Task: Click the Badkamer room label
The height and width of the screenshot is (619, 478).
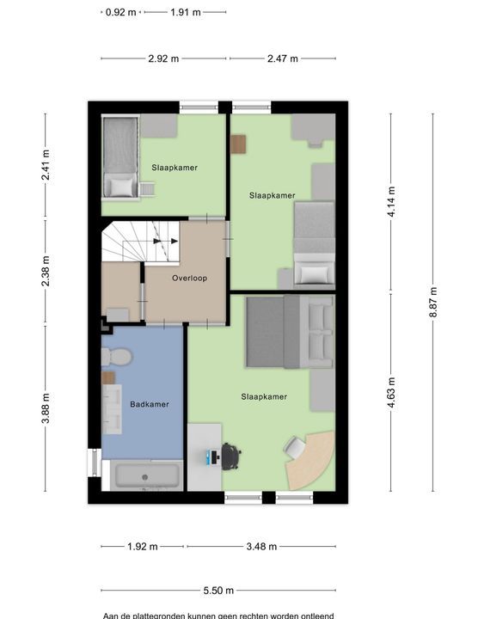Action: point(150,404)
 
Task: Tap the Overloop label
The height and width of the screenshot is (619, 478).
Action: point(189,278)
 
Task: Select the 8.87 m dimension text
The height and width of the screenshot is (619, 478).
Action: point(433,303)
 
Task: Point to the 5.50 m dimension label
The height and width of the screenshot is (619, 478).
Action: point(218,591)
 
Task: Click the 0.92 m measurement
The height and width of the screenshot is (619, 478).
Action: point(120,12)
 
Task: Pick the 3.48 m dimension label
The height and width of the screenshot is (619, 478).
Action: point(261,547)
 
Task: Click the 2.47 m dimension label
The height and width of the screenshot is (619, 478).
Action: point(283,58)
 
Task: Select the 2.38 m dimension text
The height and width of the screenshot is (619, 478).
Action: point(46,271)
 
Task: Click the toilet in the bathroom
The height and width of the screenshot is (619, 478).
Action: point(116,357)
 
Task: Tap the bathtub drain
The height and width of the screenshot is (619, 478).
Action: point(144,477)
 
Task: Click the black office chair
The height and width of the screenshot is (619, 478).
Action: point(231,457)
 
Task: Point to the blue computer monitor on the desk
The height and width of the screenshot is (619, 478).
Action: point(209,457)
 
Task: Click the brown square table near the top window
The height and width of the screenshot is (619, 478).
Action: point(238,144)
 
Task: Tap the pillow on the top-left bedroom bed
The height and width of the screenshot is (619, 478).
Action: point(121,187)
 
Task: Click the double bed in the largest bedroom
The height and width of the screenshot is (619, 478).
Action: point(290,332)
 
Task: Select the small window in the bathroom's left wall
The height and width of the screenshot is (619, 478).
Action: point(95,463)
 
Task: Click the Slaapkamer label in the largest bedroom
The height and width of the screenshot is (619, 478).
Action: point(264,396)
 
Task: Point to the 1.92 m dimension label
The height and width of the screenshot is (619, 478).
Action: point(143,547)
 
